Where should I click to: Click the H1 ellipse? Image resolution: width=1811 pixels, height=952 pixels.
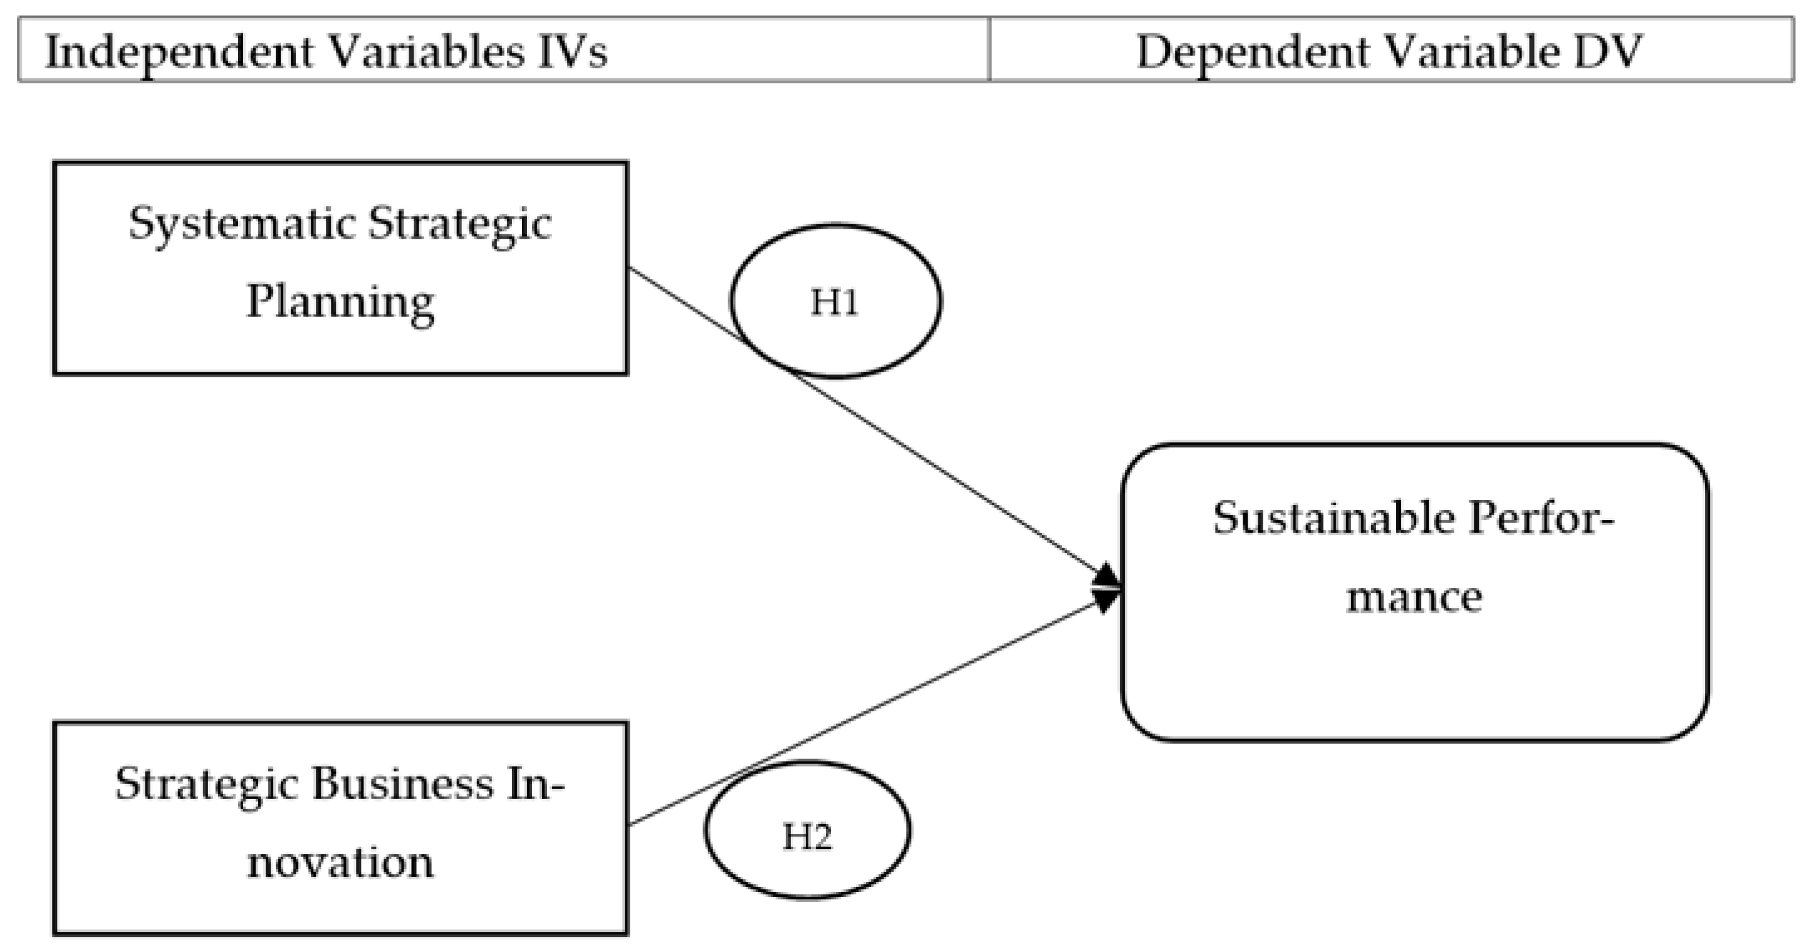point(835,301)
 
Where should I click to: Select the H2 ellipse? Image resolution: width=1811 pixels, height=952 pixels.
point(807,830)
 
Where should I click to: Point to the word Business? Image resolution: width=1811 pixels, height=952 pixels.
point(402,783)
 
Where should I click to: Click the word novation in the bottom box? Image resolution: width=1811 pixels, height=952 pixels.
point(340,862)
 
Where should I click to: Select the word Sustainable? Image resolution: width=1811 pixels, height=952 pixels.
point(1333,519)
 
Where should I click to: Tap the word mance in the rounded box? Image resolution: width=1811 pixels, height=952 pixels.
point(1414,598)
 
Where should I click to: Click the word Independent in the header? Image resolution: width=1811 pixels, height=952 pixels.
point(179,53)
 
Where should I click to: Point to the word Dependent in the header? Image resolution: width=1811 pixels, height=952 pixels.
point(1253,53)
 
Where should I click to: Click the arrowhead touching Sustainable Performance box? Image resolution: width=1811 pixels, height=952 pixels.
point(1107,588)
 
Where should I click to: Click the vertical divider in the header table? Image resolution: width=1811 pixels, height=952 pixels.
point(989,50)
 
